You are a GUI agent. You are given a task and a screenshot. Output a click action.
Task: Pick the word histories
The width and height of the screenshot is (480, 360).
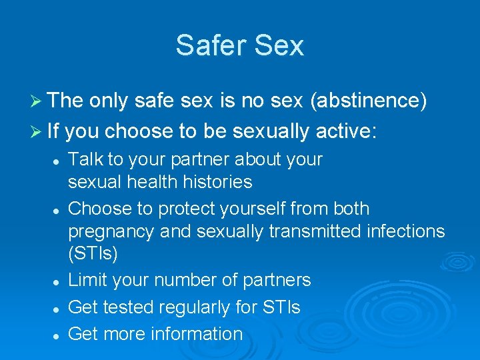[217, 181]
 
